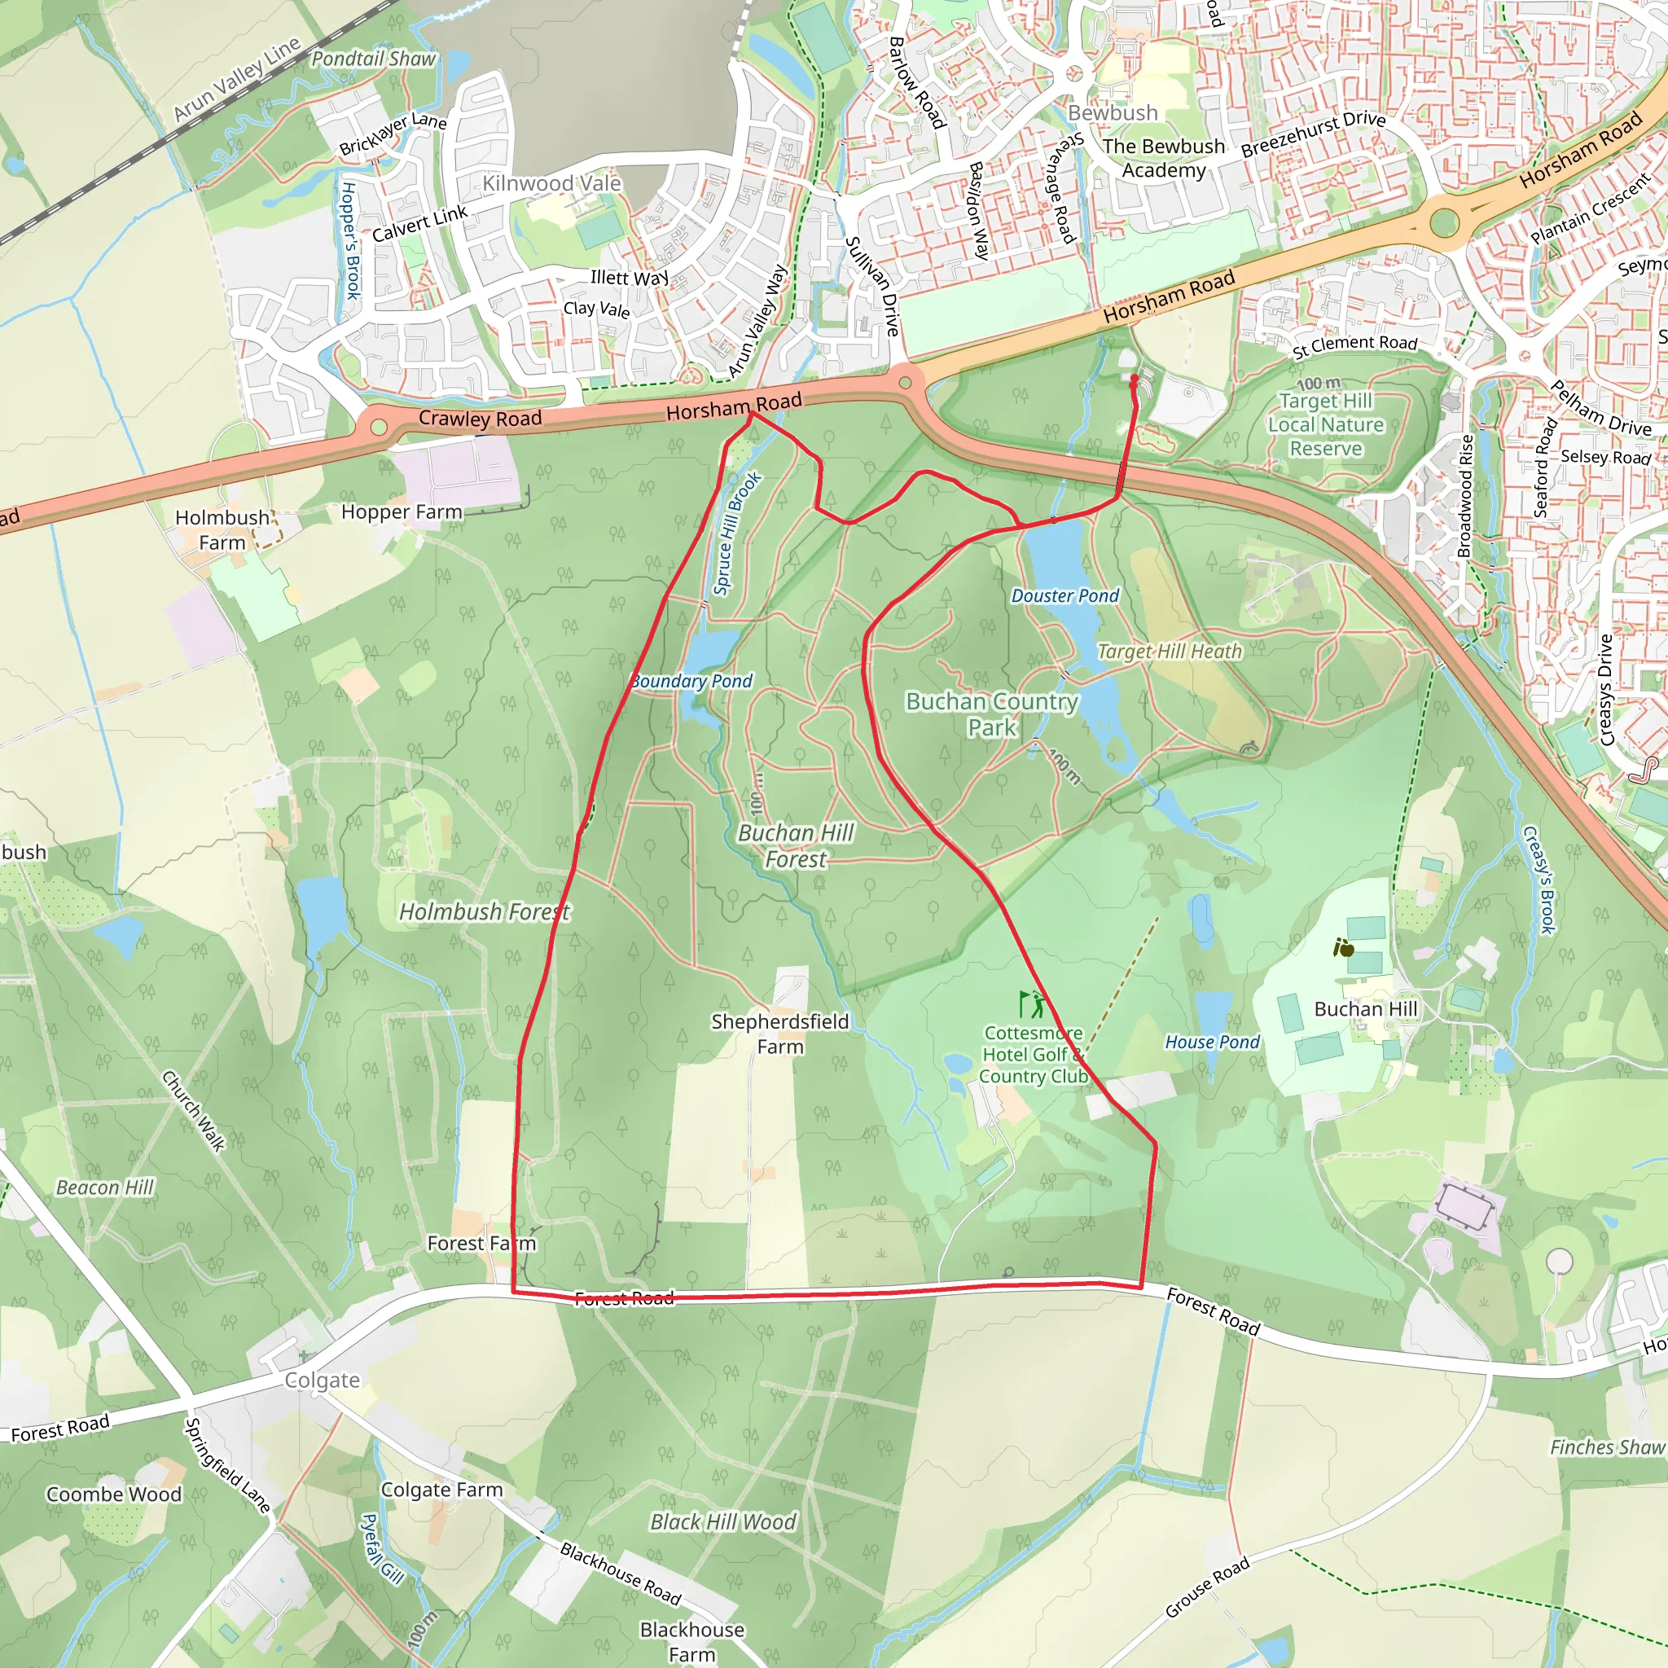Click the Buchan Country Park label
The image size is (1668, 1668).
(992, 714)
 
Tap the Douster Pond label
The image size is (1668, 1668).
(1064, 595)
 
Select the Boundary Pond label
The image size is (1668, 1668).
(691, 681)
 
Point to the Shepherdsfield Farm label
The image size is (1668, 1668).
(780, 1034)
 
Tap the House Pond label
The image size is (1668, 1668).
(1212, 1042)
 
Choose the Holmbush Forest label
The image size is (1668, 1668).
(485, 911)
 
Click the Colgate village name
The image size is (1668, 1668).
(322, 1380)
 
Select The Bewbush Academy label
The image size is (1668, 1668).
(1163, 158)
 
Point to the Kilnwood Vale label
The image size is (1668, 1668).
(551, 184)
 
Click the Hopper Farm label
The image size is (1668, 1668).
(402, 512)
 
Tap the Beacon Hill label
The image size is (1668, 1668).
(104, 1188)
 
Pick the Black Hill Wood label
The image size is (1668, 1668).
(722, 1522)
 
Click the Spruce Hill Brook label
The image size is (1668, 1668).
(736, 533)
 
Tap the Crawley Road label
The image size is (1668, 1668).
(480, 419)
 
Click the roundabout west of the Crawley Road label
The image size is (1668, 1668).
(378, 427)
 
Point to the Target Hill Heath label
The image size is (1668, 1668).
(1169, 652)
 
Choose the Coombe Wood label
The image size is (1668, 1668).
(114, 1495)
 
